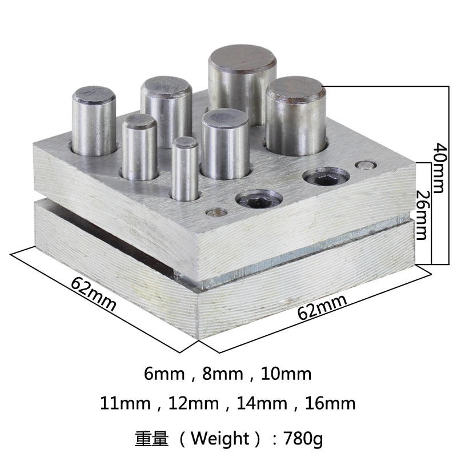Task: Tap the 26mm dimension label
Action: [x=421, y=214]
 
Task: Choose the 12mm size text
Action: [x=192, y=404]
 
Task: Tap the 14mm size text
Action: [x=260, y=404]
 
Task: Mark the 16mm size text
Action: [x=328, y=404]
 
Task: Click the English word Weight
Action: [x=218, y=439]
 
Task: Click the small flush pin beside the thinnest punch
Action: [x=215, y=212]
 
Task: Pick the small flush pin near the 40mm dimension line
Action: [x=362, y=165]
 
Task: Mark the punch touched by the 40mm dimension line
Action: [x=295, y=117]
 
